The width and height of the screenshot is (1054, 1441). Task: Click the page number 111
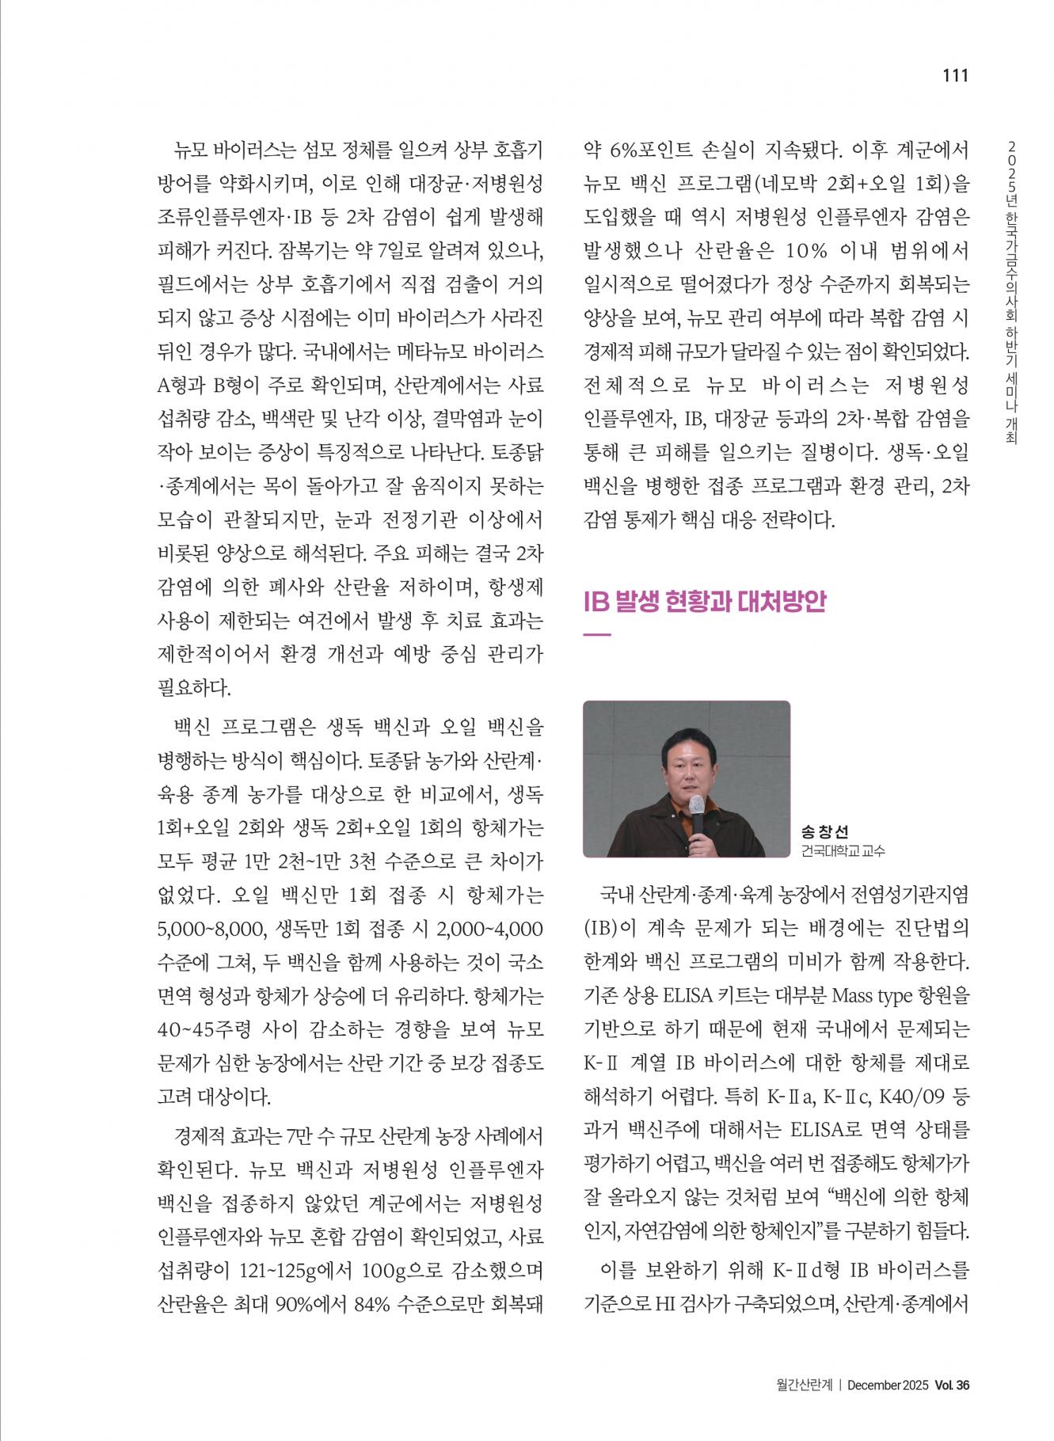pyautogui.click(x=955, y=76)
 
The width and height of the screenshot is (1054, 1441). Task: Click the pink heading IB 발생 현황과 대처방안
pyautogui.click(x=705, y=602)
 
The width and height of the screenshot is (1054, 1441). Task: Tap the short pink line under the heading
pyautogui.click(x=596, y=634)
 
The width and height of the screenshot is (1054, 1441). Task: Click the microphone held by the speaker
pyautogui.click(x=696, y=808)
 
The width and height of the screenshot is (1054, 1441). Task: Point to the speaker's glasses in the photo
pyautogui.click(x=683, y=766)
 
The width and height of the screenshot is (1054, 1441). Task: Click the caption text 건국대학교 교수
pyautogui.click(x=843, y=851)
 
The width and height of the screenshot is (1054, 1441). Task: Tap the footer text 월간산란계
pyautogui.click(x=804, y=1407)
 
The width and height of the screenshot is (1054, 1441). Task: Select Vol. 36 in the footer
pyautogui.click(x=952, y=1407)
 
